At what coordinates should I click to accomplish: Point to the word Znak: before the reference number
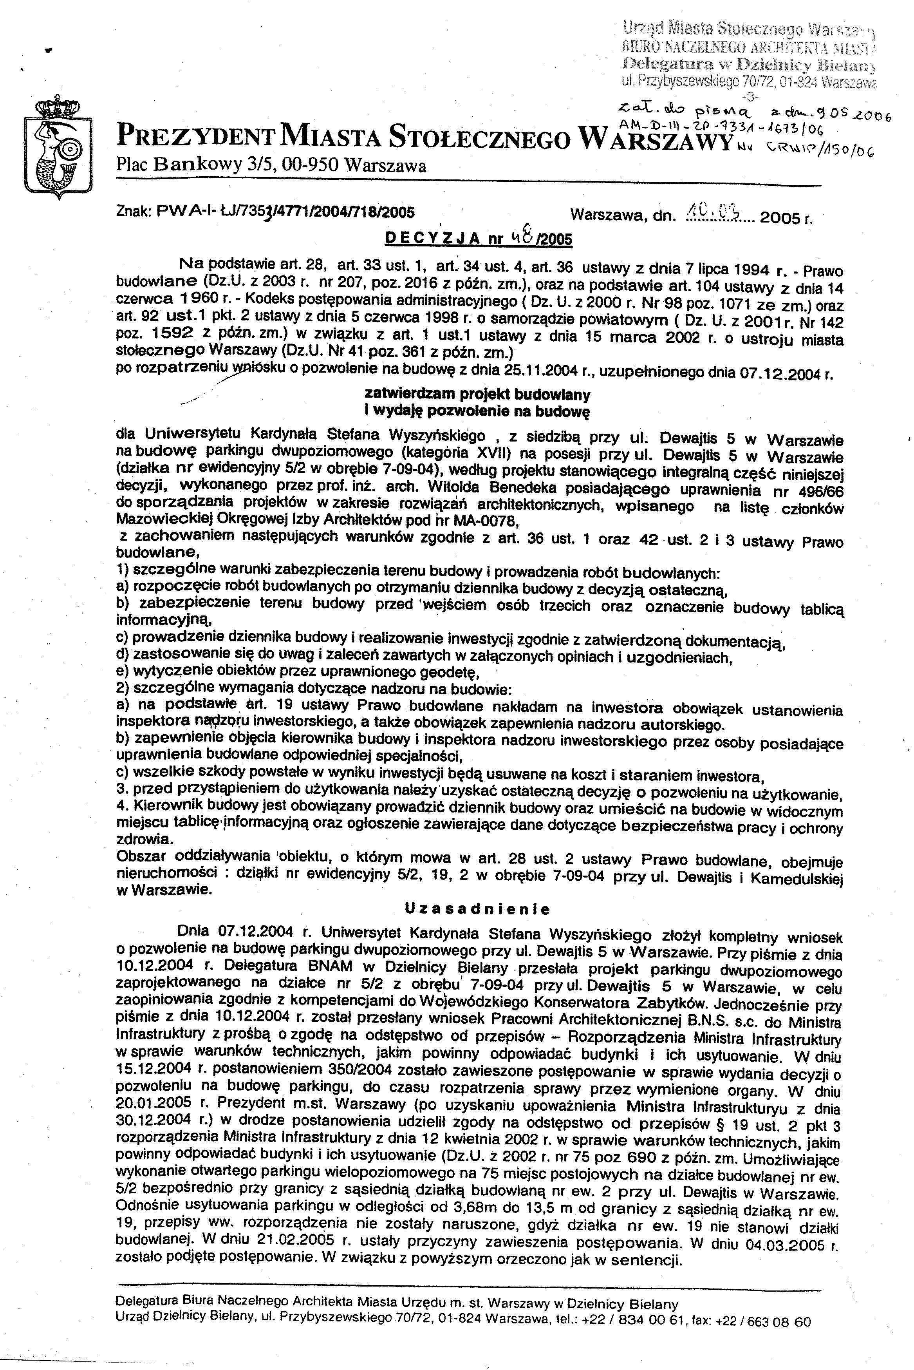click(134, 211)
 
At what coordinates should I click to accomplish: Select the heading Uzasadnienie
click(477, 909)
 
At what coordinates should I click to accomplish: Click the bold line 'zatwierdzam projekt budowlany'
click(477, 395)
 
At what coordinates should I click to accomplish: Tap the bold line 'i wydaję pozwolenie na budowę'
click(477, 411)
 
